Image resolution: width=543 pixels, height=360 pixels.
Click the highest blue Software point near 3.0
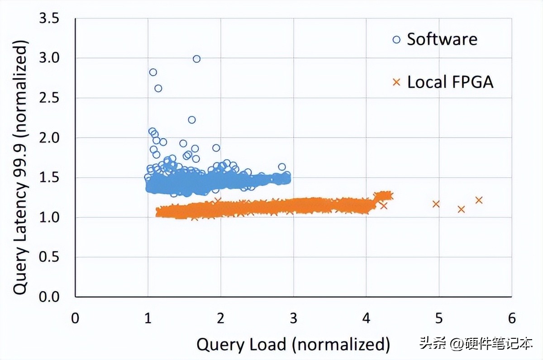196,59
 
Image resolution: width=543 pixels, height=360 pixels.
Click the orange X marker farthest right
479,200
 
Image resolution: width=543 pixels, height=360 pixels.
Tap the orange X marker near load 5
436,204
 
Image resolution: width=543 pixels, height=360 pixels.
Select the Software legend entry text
442,39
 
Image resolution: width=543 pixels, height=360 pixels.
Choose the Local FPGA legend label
450,82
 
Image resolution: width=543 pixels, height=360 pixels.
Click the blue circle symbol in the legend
397,40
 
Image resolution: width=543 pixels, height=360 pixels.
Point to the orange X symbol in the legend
397,82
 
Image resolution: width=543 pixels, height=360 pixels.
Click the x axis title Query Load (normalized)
293,345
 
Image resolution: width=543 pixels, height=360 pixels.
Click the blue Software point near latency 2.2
192,120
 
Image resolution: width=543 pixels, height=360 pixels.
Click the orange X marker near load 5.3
461,209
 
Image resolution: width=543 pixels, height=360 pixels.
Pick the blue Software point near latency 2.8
153,72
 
